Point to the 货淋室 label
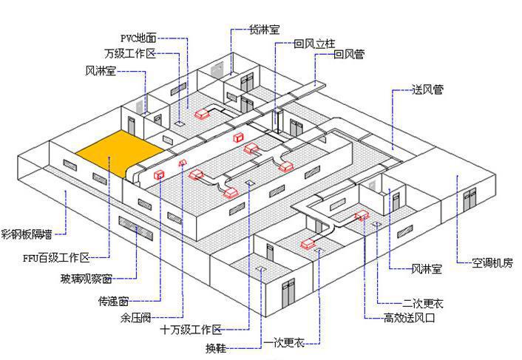pyautogui.click(x=265, y=30)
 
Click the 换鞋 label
pyautogui.click(x=216, y=347)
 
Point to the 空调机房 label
pyautogui.click(x=493, y=262)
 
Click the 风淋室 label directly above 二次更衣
pyautogui.click(x=427, y=269)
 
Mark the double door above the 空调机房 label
pyautogui.click(x=467, y=199)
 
